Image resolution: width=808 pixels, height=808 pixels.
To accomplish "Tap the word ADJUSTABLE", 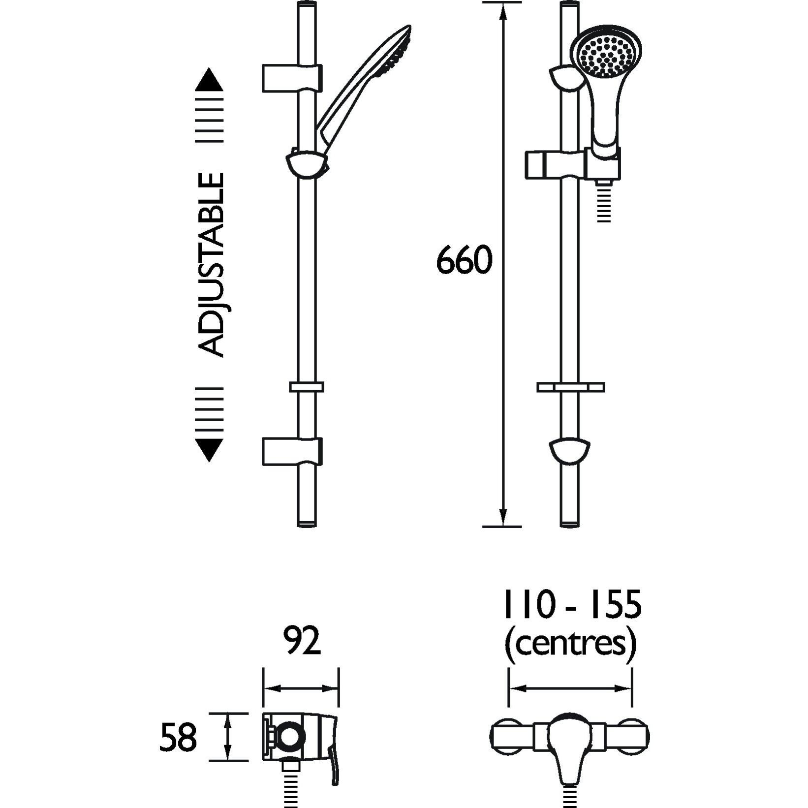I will pyautogui.click(x=212, y=264).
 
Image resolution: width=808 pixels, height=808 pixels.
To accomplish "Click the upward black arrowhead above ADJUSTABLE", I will pyautogui.click(x=209, y=80).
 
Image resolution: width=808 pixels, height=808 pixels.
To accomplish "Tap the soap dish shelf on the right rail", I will pyautogui.click(x=570, y=387).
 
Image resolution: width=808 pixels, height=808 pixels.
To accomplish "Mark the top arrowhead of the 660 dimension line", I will pyautogui.click(x=502, y=12).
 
